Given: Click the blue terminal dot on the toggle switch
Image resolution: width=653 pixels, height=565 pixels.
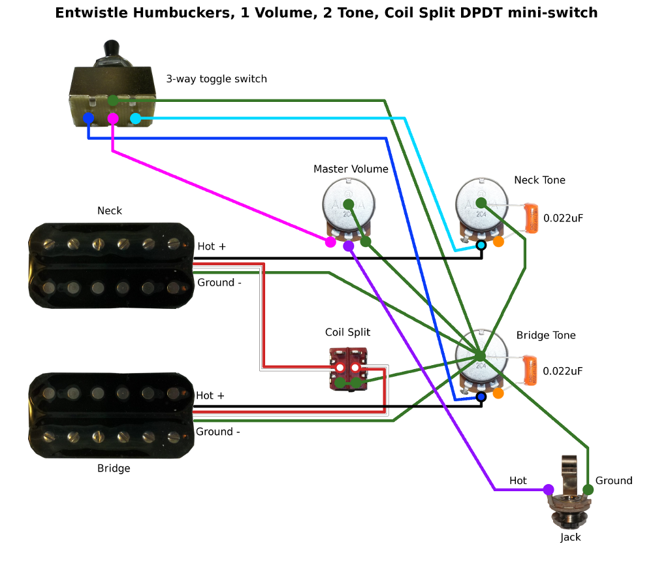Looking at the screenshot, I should coord(88,118).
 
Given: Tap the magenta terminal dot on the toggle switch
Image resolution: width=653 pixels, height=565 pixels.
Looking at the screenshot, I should coord(113,118).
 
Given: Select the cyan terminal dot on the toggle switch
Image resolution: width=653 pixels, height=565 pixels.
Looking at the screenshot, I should coord(136,118).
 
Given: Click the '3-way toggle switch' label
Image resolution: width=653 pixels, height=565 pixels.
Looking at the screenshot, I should coord(216,79).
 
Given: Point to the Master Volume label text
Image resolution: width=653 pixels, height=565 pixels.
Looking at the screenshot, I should coord(351,169).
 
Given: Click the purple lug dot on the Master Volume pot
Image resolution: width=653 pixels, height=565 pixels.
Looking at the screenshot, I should coord(349,246).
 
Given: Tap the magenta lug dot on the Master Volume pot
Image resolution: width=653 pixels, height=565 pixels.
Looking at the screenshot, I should coord(331,242).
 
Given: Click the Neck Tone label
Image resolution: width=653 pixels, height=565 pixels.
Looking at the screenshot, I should coord(539,180).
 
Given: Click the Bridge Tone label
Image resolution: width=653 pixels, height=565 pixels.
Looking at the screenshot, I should coord(546,336).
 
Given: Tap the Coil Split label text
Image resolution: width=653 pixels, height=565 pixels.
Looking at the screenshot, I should coord(348,332).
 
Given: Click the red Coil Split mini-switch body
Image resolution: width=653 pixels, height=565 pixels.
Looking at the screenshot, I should coord(348,371).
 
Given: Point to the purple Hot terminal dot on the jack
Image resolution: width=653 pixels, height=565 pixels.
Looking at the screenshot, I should coord(549,489).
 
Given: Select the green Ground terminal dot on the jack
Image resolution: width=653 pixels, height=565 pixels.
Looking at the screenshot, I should coord(588,489).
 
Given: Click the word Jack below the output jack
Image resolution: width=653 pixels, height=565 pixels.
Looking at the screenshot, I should coord(570,538).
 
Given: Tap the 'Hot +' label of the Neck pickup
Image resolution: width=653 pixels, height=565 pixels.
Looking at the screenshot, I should coord(212,247).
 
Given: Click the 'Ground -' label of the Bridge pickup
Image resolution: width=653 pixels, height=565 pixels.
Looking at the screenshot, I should coord(218,432).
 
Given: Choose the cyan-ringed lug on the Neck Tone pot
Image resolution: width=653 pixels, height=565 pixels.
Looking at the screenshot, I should coord(481,246).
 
